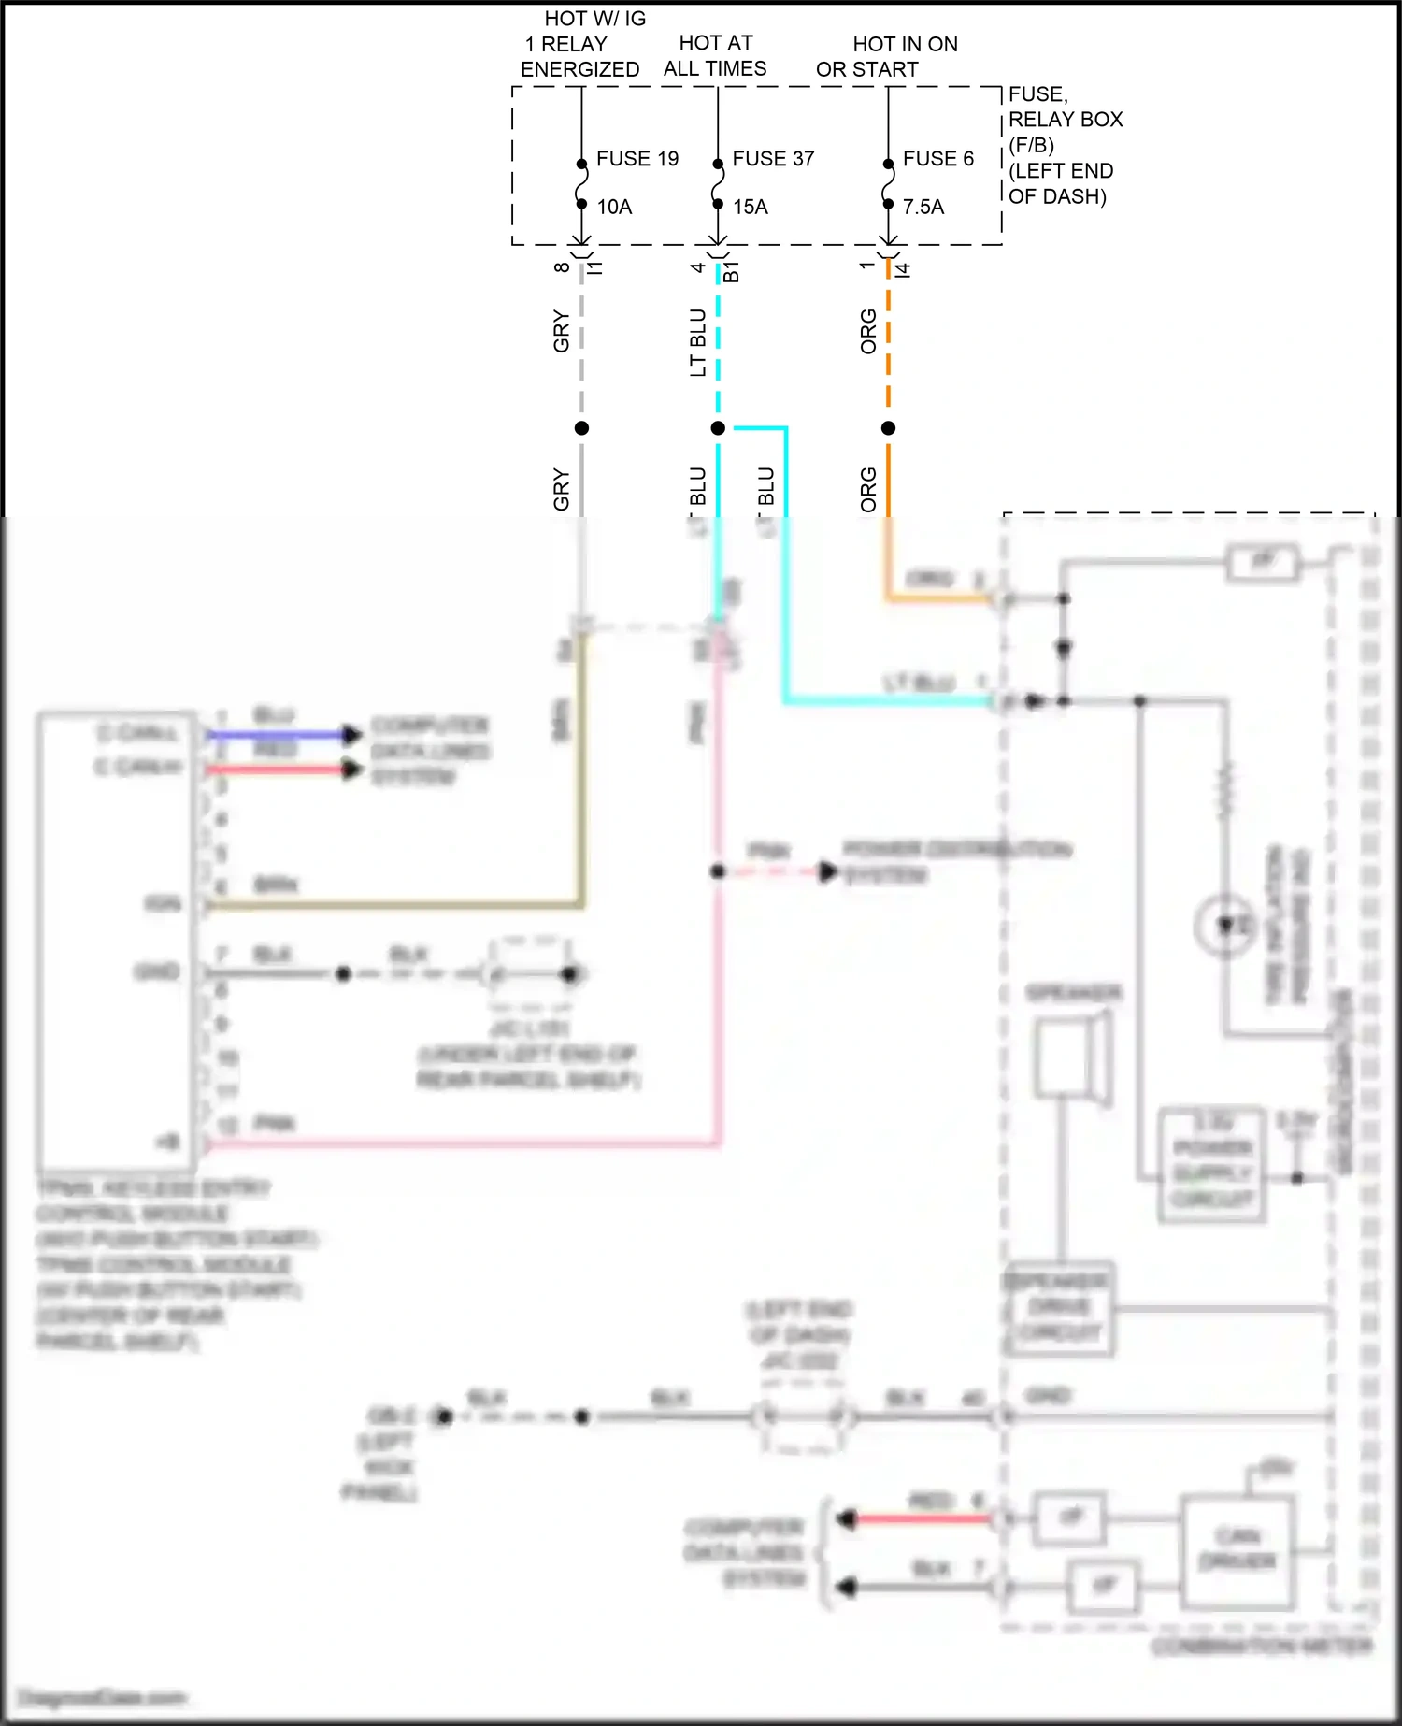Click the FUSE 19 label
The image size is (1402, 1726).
(637, 159)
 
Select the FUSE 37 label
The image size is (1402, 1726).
(773, 159)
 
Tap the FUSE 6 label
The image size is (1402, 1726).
(937, 159)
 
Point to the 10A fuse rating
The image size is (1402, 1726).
(614, 207)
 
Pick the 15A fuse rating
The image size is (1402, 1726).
(751, 207)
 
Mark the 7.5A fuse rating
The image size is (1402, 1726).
(923, 207)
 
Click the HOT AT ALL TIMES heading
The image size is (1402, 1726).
(715, 56)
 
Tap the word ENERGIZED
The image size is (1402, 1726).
(579, 69)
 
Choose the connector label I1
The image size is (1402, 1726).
(595, 267)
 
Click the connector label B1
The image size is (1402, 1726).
(731, 272)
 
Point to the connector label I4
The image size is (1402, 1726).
(902, 269)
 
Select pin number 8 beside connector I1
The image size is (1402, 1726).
(562, 266)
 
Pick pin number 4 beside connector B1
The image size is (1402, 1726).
(697, 267)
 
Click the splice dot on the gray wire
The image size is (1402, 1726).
(581, 428)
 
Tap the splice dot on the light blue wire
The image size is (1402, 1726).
(718, 428)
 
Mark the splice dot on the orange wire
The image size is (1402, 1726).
(888, 428)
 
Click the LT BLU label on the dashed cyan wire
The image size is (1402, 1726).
(697, 342)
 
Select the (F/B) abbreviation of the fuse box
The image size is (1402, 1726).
(1031, 145)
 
